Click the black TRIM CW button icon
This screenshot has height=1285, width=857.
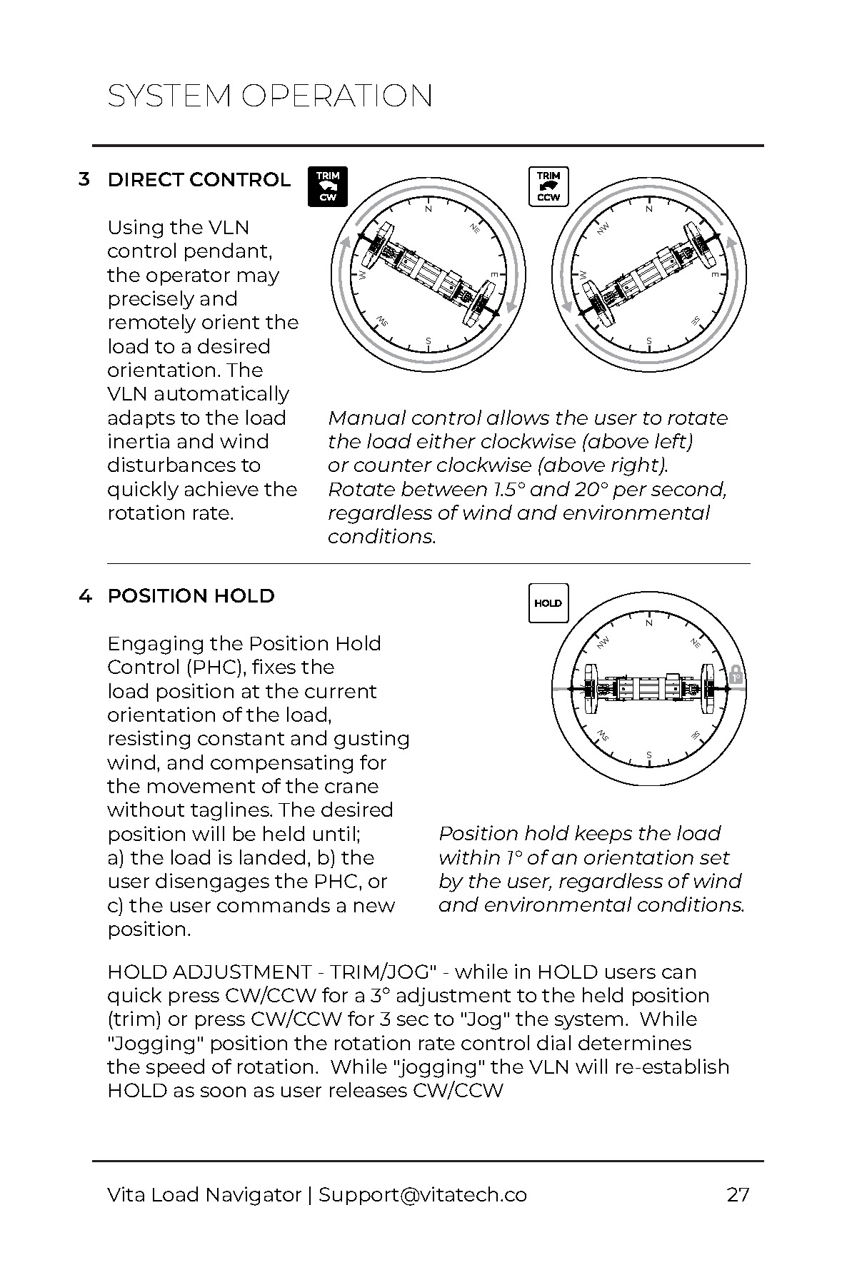pyautogui.click(x=328, y=186)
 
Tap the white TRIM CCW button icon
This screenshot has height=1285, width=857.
pyautogui.click(x=548, y=186)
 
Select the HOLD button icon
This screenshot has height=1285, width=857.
pyautogui.click(x=548, y=603)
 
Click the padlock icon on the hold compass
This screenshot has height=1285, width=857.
pyautogui.click(x=736, y=675)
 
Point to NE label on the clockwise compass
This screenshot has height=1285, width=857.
pyautogui.click(x=475, y=228)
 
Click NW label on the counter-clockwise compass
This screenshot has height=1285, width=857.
pyautogui.click(x=603, y=228)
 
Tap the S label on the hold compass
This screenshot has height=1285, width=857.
pyautogui.click(x=649, y=755)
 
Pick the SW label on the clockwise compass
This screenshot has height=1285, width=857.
pyautogui.click(x=382, y=319)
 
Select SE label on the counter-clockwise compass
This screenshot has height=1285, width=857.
pyautogui.click(x=694, y=321)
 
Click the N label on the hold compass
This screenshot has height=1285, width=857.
pyautogui.click(x=649, y=623)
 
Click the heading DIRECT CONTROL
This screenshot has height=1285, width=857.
pyautogui.click(x=199, y=180)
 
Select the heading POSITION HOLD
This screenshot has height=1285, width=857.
pyautogui.click(x=191, y=596)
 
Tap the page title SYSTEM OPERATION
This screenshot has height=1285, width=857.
pyautogui.click(x=270, y=96)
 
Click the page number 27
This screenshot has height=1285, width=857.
pyautogui.click(x=738, y=1194)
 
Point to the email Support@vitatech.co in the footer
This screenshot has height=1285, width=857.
pyautogui.click(x=423, y=1195)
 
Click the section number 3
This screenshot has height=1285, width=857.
pyautogui.click(x=84, y=179)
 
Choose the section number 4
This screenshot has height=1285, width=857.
pyautogui.click(x=85, y=596)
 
